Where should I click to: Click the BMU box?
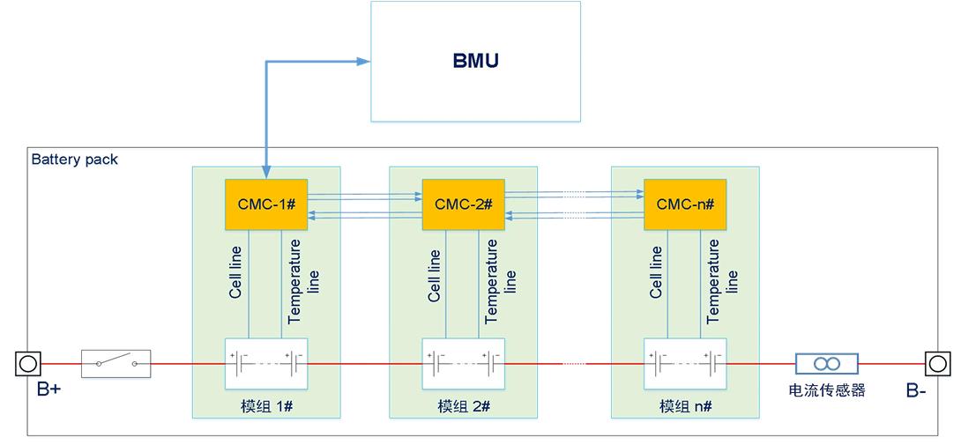[475, 62]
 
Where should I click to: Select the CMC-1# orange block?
[266, 204]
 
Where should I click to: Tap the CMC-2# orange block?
[464, 204]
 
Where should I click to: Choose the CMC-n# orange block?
[685, 204]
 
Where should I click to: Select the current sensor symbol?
[826, 363]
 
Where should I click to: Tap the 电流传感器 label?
[826, 389]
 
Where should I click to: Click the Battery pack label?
[74, 160]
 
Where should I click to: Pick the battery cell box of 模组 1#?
[266, 363]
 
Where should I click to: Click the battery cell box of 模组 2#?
[464, 363]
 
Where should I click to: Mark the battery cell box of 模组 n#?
[685, 363]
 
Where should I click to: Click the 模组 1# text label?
[266, 406]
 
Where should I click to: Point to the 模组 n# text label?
[685, 406]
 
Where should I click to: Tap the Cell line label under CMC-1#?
[236, 274]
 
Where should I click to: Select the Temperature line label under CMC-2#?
[501, 279]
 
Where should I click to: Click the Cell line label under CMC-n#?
[656, 274]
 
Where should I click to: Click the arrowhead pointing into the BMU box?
[362, 62]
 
